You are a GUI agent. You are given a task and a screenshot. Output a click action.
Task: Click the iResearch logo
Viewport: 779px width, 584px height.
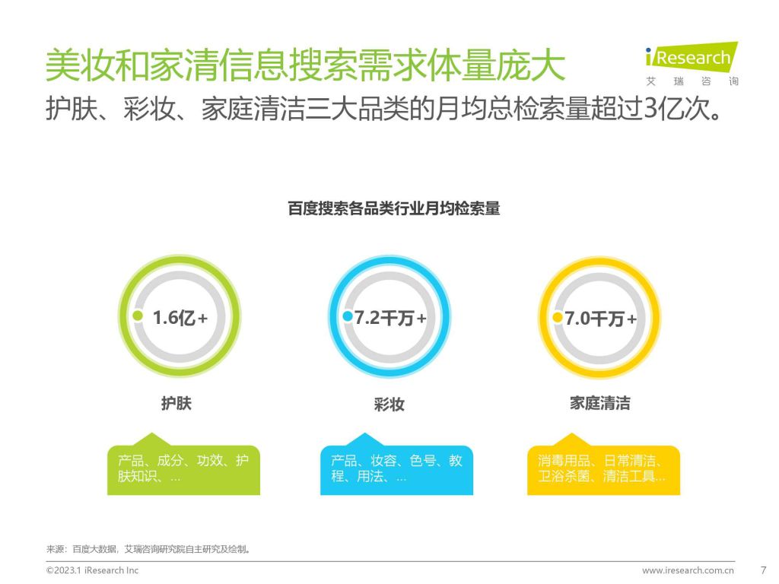(692, 64)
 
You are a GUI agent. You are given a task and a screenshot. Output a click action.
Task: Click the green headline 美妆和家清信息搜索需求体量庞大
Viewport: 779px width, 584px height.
(306, 65)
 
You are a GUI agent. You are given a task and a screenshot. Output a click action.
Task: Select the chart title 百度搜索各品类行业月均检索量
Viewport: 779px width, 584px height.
(394, 208)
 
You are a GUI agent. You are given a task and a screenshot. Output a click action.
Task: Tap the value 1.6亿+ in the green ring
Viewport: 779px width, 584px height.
(180, 318)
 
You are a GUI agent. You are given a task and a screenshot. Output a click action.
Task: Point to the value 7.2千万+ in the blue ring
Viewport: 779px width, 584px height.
(390, 318)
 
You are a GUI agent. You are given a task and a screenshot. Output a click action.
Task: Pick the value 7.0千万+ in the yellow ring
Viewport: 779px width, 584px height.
(601, 319)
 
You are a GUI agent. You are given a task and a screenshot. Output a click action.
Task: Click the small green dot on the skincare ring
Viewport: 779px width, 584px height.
(138, 316)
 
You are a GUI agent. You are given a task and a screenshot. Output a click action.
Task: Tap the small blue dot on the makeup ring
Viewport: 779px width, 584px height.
(348, 316)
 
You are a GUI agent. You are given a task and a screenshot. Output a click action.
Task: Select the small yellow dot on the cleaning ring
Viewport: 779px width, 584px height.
(558, 317)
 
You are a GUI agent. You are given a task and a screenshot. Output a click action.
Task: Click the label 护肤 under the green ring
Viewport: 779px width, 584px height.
(176, 403)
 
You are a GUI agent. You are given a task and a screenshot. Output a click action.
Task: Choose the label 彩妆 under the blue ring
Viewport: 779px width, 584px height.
(389, 405)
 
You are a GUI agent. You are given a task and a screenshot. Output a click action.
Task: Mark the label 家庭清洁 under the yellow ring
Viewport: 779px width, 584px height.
(600, 403)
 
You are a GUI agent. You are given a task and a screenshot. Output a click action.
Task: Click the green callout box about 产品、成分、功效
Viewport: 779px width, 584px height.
(184, 465)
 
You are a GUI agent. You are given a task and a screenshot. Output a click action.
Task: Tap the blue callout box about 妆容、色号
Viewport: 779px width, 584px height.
(396, 465)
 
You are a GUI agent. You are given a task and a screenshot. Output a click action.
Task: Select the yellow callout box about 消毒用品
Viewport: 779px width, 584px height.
(603, 465)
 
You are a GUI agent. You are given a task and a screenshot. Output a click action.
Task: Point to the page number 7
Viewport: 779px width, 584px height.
(764, 570)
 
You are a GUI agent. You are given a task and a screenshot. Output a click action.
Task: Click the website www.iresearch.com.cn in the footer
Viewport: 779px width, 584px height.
(688, 570)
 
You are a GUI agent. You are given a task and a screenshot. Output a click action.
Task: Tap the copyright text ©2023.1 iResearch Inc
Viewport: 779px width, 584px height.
(92, 570)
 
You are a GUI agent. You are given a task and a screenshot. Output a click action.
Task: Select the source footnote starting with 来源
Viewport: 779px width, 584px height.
(148, 549)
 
